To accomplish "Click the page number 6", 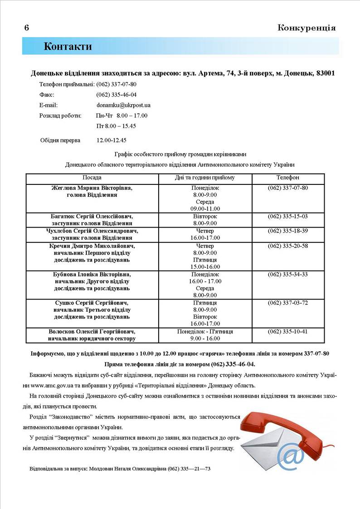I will (27, 28).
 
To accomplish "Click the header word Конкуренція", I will (306, 28).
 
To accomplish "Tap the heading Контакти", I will (68, 46).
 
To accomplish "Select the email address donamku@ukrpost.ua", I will (123, 105).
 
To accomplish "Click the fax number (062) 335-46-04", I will (117, 95).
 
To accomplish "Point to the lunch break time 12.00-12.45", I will (112, 140).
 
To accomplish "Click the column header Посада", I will (92, 178).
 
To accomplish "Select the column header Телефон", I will (288, 178).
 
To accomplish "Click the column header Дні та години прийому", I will (205, 178).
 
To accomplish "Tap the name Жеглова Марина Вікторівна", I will (92, 188).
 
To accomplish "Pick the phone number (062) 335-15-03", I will (288, 216).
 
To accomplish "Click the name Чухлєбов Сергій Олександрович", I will (92, 231).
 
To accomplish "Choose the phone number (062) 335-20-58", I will (288, 246).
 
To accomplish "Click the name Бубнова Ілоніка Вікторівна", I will (92, 274).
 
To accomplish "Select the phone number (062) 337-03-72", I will (288, 303).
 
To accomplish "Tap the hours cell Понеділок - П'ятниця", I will (205, 331).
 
